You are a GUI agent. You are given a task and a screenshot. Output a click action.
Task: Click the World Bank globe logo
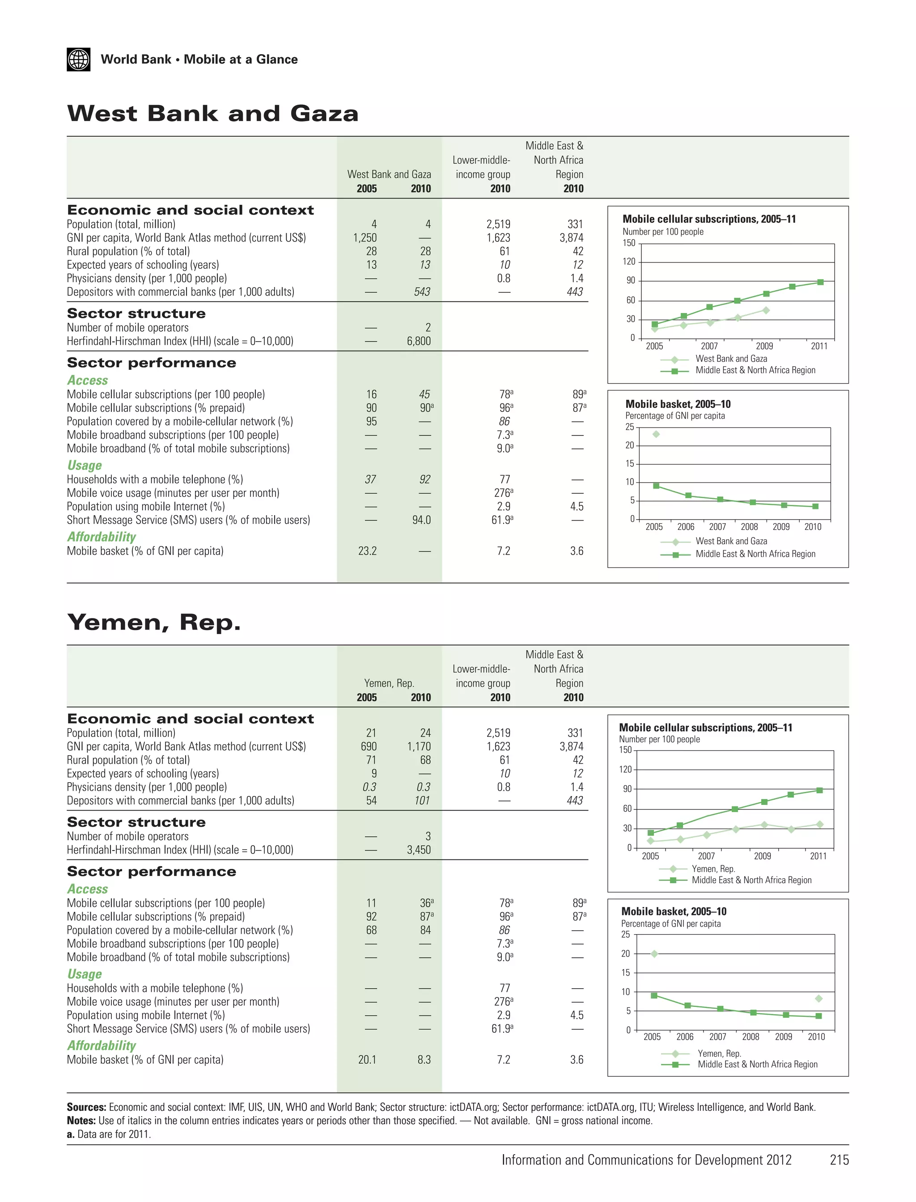79,59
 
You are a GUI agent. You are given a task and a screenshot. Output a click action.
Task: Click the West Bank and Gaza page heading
212,114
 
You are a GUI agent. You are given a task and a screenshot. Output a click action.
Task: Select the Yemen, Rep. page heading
154,622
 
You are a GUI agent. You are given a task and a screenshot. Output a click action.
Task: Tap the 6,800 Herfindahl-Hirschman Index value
419,341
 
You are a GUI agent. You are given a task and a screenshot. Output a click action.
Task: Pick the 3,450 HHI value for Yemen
419,850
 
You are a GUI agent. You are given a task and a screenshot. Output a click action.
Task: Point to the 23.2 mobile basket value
368,551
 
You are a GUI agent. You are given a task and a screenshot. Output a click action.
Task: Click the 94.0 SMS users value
421,520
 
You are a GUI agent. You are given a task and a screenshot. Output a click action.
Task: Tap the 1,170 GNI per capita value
419,747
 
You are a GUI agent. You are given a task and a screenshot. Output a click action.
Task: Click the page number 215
839,1160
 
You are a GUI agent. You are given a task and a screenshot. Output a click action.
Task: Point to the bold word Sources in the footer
86,1107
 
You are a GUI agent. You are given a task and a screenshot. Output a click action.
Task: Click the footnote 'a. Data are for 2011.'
109,1134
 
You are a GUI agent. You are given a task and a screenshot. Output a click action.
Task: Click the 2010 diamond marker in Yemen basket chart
818,999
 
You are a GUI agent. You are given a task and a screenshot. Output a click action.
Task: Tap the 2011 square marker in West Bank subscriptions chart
820,282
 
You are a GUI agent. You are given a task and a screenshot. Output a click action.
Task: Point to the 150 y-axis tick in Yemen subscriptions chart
625,750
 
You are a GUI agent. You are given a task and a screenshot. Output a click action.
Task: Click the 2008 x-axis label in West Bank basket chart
749,527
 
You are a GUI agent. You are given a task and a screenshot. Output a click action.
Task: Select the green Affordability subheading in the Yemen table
102,1045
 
